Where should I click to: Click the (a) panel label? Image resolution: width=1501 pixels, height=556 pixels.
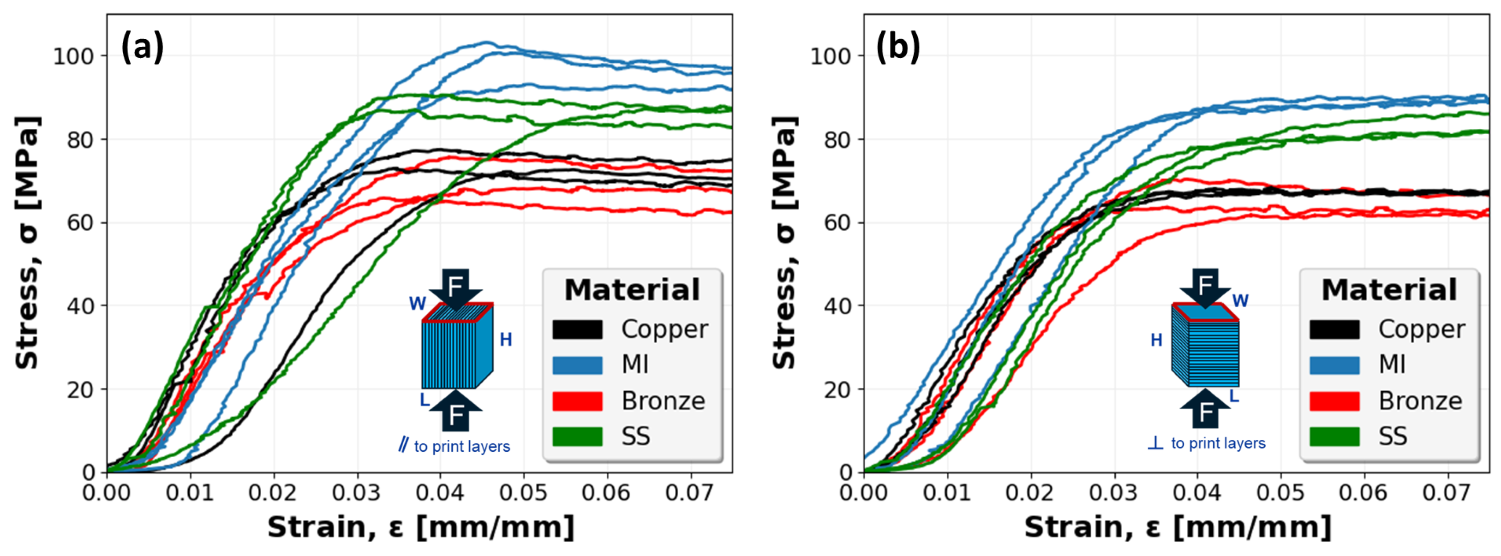[142, 47]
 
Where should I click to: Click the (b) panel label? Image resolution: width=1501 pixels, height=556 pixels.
[898, 47]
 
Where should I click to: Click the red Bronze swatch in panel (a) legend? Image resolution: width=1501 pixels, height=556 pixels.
[577, 401]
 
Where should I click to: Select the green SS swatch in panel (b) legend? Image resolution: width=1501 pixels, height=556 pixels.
[1334, 436]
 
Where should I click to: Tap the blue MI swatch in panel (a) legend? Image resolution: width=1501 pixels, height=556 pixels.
[577, 365]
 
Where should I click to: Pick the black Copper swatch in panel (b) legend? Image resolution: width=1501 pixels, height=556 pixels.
[1334, 329]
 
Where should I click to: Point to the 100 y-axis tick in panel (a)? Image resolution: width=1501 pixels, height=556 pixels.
[73, 57]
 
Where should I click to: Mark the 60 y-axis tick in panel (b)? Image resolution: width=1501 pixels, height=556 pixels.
[837, 223]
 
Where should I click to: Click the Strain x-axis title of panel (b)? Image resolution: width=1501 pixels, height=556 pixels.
[1178, 527]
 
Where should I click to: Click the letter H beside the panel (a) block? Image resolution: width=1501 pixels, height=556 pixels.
[506, 340]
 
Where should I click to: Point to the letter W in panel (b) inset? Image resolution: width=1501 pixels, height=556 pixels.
[1240, 301]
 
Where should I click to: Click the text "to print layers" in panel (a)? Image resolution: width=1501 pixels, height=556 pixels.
[461, 447]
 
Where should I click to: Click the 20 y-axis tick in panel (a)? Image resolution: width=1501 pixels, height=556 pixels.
[80, 389]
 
